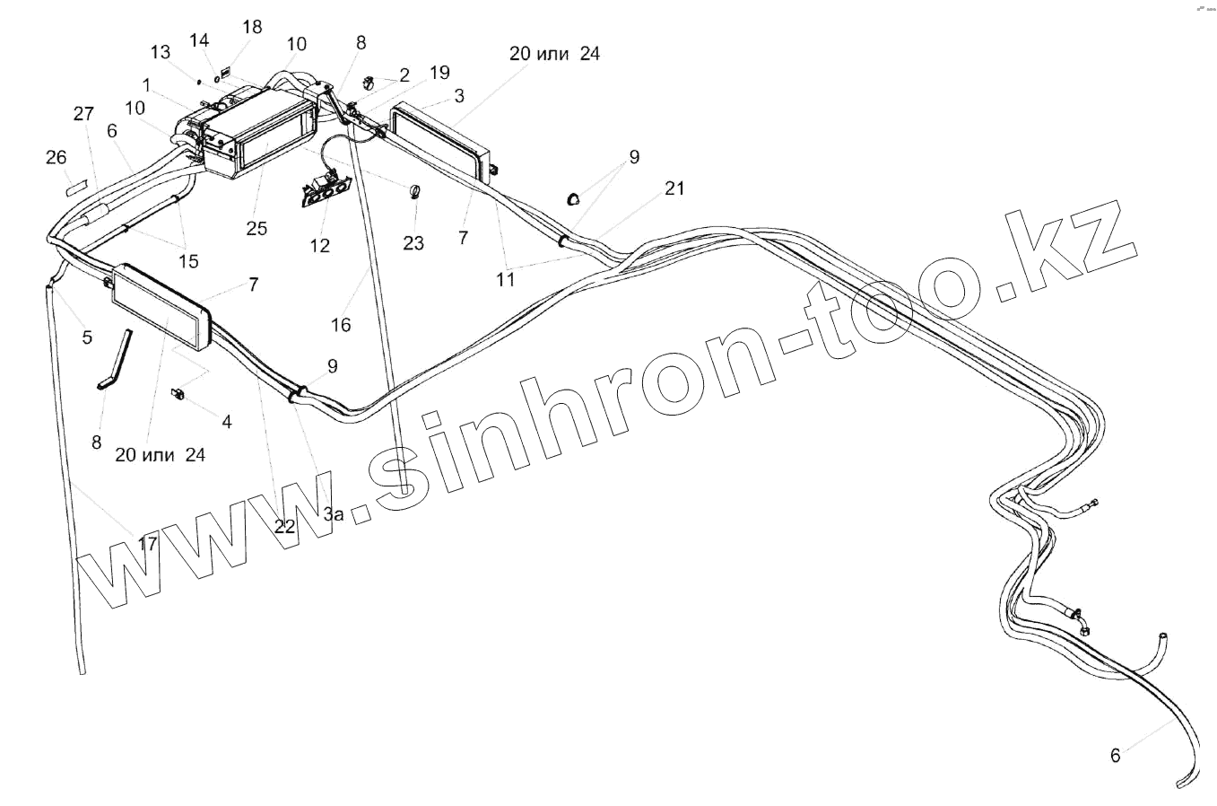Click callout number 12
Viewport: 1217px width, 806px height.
(319, 245)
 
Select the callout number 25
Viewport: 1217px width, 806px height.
(256, 228)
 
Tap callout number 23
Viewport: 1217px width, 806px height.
(413, 242)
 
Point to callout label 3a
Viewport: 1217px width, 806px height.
(334, 513)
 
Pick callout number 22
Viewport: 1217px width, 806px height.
(284, 527)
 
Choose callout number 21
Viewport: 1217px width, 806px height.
(674, 188)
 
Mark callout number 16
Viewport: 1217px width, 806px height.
(341, 325)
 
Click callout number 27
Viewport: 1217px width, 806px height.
(83, 114)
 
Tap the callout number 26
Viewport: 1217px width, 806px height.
(56, 158)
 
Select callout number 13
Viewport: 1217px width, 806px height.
(160, 52)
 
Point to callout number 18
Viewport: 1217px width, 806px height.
(252, 26)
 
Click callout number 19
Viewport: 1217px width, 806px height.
(439, 73)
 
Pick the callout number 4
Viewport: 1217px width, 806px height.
(226, 421)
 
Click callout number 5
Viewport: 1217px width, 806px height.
(87, 337)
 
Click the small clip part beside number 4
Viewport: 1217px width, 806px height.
(178, 392)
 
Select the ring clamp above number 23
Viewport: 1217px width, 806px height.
(415, 191)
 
